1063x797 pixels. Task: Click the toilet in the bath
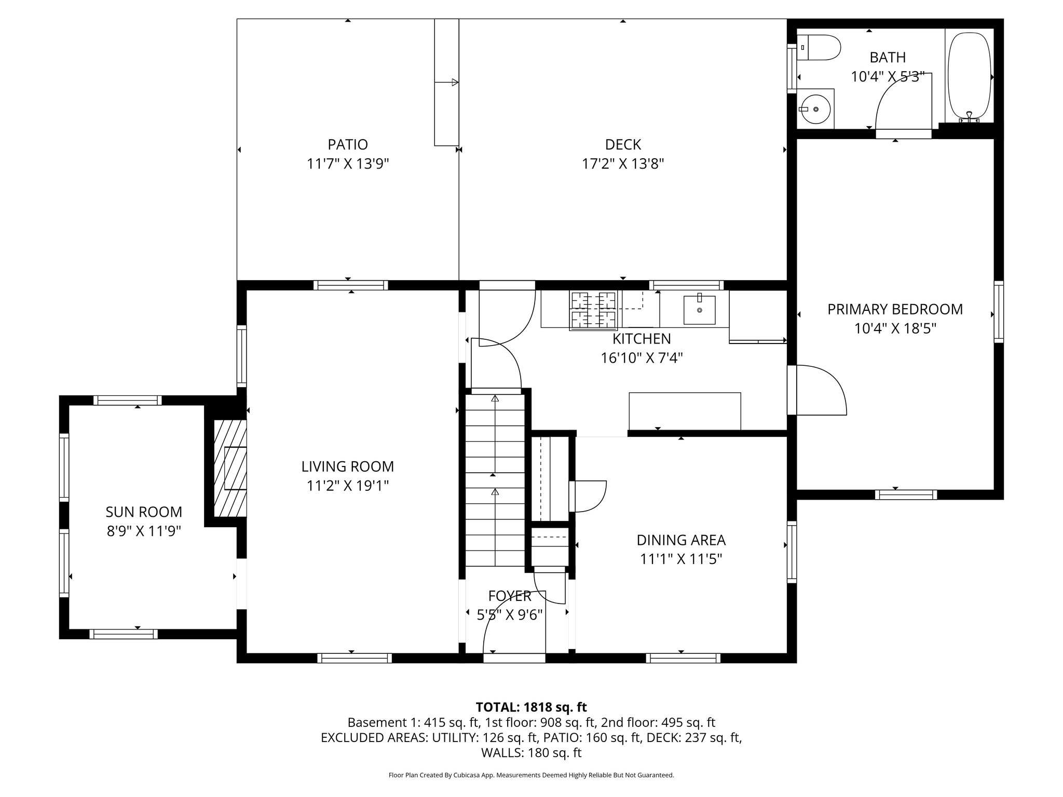click(x=819, y=48)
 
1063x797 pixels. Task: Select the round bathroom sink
click(x=815, y=109)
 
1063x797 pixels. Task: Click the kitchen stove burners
click(x=593, y=310)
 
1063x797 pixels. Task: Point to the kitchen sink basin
click(x=699, y=310)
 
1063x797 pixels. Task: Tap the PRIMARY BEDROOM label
click(x=895, y=309)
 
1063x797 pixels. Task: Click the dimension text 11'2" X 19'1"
click(x=348, y=486)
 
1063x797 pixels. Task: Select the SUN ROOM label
click(x=144, y=512)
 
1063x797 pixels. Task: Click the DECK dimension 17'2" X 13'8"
click(x=623, y=164)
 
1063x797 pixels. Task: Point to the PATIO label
click(x=348, y=144)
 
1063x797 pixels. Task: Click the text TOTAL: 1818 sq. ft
click(x=531, y=707)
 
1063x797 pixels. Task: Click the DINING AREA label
click(x=681, y=540)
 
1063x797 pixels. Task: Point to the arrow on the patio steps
click(x=447, y=82)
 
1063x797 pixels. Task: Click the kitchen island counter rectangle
click(x=685, y=411)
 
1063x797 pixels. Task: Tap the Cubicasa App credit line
click(x=531, y=775)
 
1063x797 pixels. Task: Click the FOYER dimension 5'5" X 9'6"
click(x=510, y=615)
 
